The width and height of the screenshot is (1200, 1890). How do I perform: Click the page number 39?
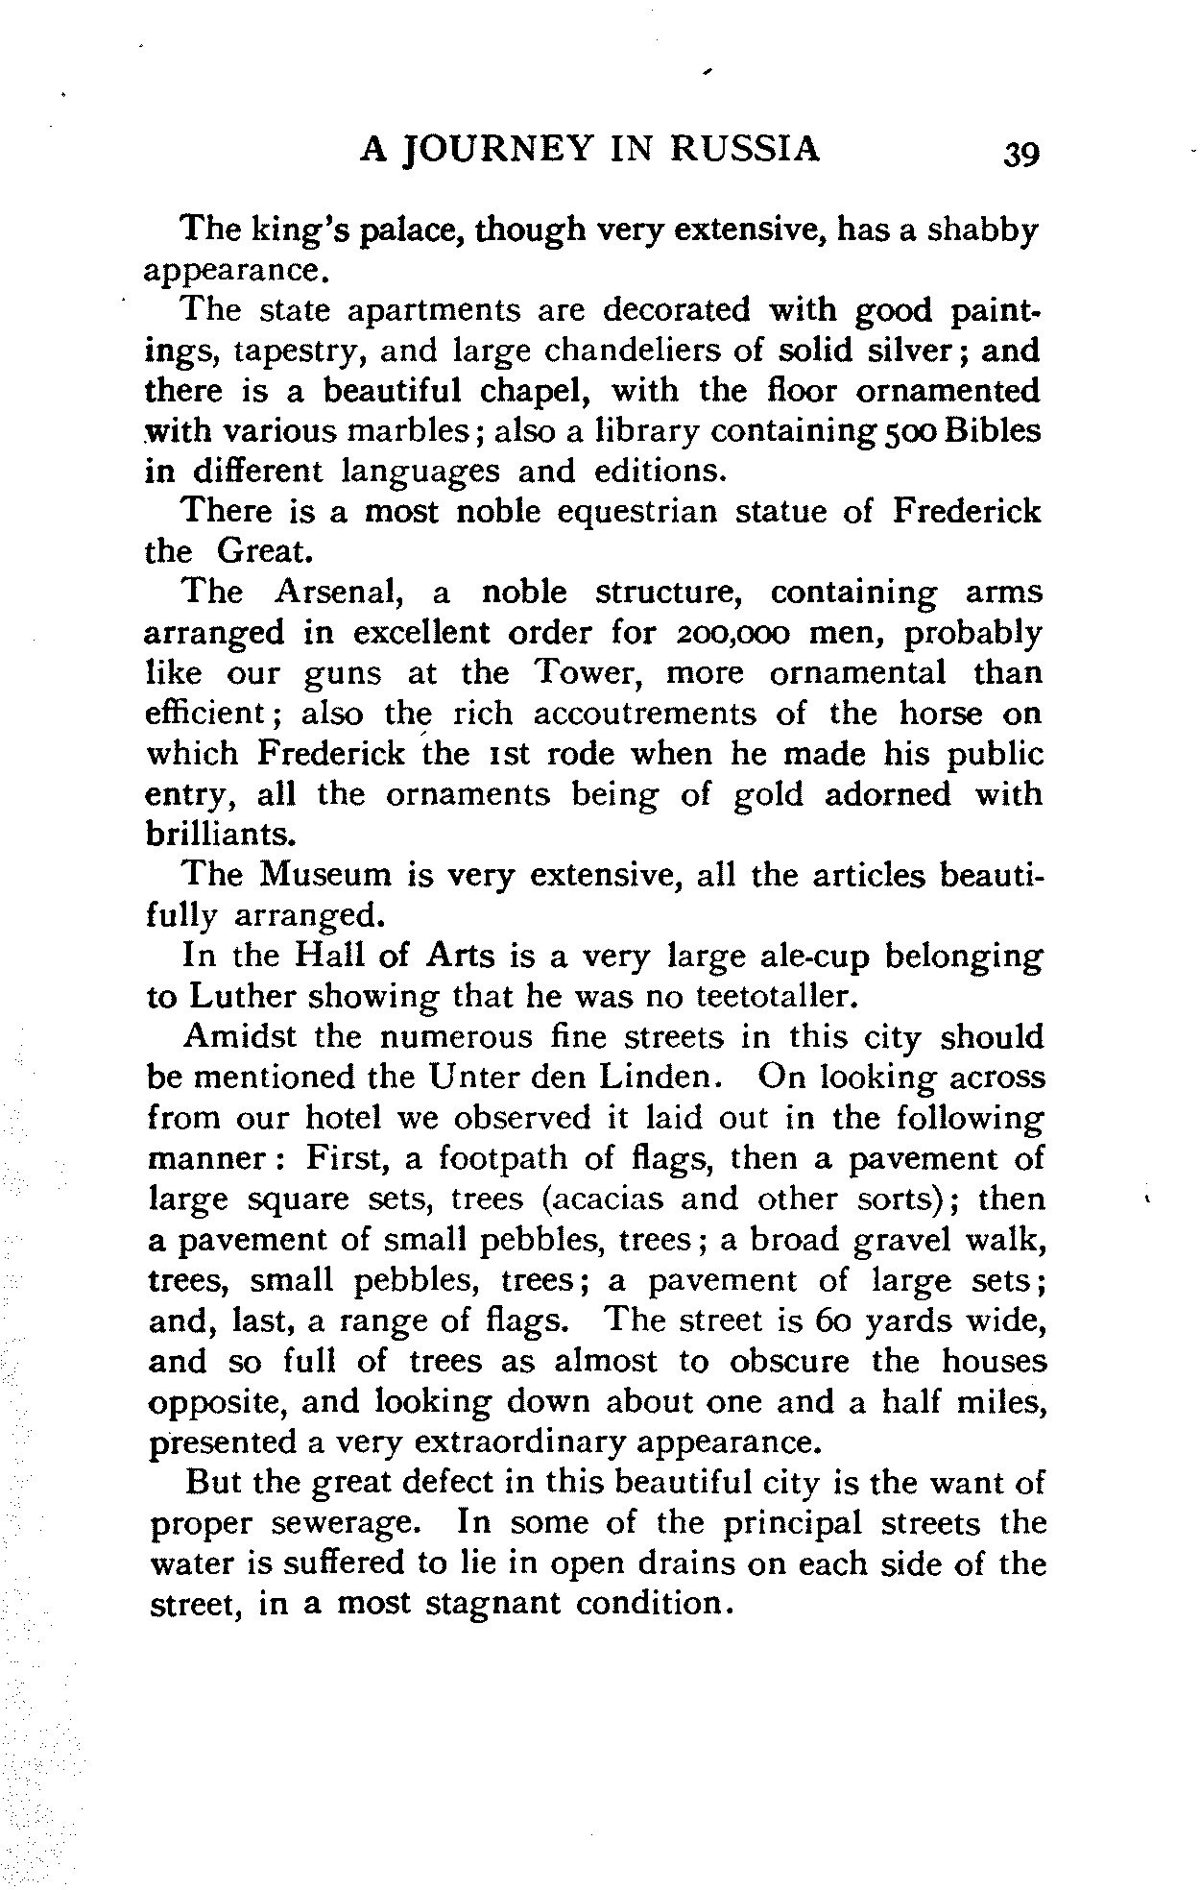point(1020,153)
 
